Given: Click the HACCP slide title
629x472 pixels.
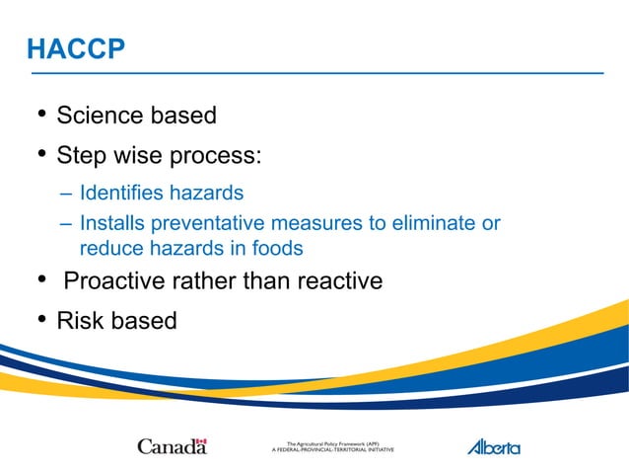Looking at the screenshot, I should tap(76, 48).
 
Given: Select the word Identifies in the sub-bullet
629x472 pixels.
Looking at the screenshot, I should tap(119, 193).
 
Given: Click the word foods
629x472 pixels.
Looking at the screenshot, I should tap(276, 248).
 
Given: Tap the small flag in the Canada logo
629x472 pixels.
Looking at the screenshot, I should tap(201, 441).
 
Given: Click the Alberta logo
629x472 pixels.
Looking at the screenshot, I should tap(493, 446).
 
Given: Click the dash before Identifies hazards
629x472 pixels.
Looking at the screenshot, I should tap(65, 193).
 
